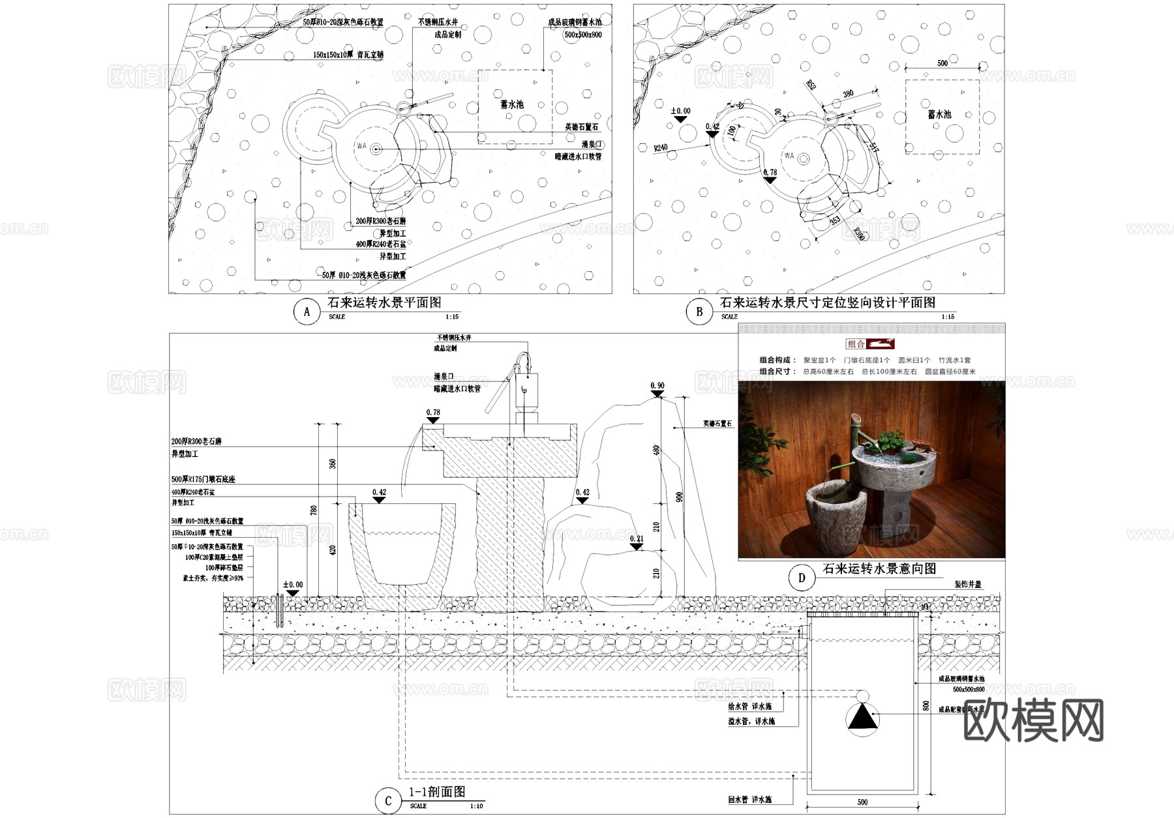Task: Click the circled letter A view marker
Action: pyautogui.click(x=307, y=312)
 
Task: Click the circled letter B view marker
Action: pyautogui.click(x=699, y=312)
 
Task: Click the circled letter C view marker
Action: pyautogui.click(x=388, y=800)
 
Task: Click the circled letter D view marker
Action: pyautogui.click(x=802, y=577)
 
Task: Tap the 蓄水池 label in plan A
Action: pyautogui.click(x=512, y=104)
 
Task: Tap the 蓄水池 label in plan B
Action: pyautogui.click(x=940, y=114)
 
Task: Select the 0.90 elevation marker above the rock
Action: pyautogui.click(x=657, y=386)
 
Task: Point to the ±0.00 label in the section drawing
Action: pyautogui.click(x=293, y=585)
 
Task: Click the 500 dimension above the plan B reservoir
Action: pyautogui.click(x=942, y=63)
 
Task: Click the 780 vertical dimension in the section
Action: pyautogui.click(x=314, y=510)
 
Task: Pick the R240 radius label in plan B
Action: pyautogui.click(x=661, y=148)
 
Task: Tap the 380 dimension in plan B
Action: pyautogui.click(x=848, y=94)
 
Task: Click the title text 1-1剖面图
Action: pyautogui.click(x=437, y=792)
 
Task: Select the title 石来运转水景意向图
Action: pyautogui.click(x=879, y=569)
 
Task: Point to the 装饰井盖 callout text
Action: pyautogui.click(x=968, y=585)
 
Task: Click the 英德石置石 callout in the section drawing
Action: pyautogui.click(x=717, y=424)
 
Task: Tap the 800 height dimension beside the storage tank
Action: pyautogui.click(x=926, y=706)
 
